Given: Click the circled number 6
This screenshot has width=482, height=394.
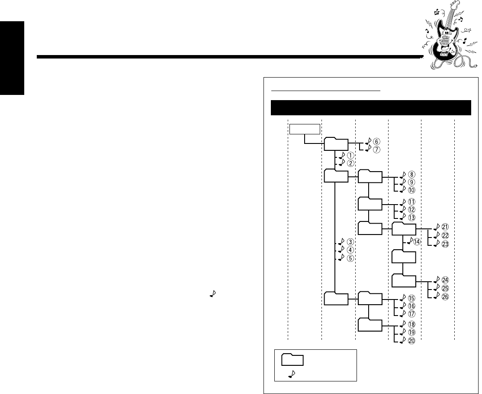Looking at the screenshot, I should [376, 141].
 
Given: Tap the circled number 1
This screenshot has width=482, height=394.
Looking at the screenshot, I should [351, 155].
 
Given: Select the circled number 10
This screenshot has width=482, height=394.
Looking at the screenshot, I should [411, 190].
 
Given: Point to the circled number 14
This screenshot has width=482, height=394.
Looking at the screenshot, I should [417, 242].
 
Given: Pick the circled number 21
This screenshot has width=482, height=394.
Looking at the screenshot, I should [445, 227].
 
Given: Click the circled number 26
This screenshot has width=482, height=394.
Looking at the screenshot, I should [445, 297].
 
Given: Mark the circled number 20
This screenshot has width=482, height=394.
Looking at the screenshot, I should [411, 341].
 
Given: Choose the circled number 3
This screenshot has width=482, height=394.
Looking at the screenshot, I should [351, 242].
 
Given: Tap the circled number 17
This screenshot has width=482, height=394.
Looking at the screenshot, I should [411, 313].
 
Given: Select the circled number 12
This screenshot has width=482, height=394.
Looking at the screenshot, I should [411, 209].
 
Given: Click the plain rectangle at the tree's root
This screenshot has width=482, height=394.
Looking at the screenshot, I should [305, 129].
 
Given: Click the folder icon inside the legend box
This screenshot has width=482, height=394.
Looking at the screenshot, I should [292, 360].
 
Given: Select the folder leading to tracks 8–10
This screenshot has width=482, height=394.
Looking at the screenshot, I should [370, 177].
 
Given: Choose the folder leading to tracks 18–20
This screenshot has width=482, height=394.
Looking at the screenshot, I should [370, 325].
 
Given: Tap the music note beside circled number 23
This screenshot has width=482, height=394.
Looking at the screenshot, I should [436, 244].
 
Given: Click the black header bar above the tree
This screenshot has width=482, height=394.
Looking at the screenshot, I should [370, 108].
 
